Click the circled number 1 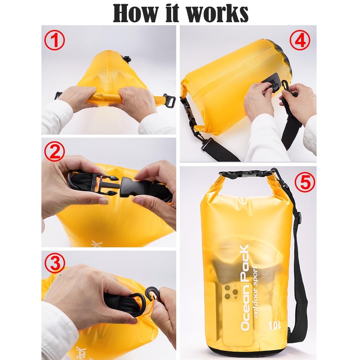pyautogui.click(x=54, y=40)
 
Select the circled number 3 pyautogui.click(x=54, y=264)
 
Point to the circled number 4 pyautogui.click(x=300, y=40)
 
